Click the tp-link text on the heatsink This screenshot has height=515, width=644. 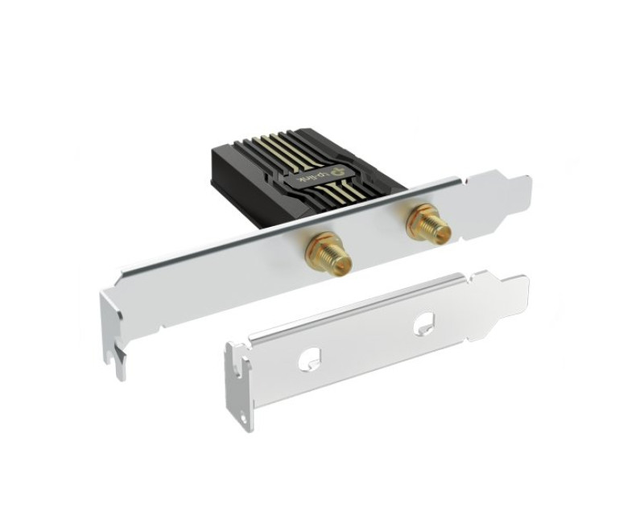[x=313, y=177]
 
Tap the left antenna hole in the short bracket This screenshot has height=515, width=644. [x=310, y=358]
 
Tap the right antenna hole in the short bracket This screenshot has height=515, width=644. [x=424, y=322]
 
